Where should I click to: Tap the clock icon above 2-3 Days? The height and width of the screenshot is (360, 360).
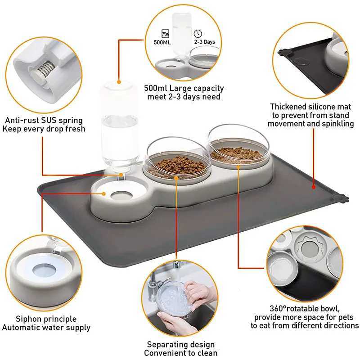[198, 33]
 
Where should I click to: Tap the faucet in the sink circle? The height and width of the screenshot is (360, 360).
[155, 279]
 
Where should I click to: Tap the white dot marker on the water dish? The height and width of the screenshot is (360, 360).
[104, 194]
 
